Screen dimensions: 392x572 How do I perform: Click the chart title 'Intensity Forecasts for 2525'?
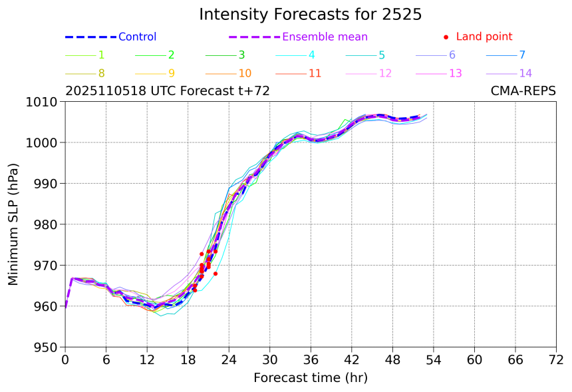click(x=310, y=15)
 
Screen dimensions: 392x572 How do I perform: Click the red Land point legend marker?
click(x=446, y=37)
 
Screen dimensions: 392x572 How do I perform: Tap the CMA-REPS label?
click(x=523, y=91)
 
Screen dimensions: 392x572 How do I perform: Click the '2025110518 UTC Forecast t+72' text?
click(x=168, y=91)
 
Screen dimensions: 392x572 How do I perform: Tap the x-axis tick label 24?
click(x=229, y=360)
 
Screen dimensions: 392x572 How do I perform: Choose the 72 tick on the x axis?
click(x=556, y=360)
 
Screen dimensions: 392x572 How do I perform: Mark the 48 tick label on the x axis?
click(x=392, y=360)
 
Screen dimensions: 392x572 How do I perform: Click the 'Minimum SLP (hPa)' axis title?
click(x=14, y=224)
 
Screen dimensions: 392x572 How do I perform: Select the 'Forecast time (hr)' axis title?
click(x=310, y=378)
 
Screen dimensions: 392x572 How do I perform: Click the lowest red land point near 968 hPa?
click(x=215, y=274)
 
